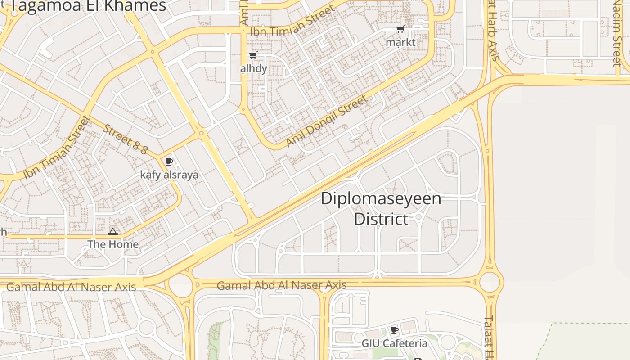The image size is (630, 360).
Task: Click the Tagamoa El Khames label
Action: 88,6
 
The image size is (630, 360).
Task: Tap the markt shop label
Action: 400,42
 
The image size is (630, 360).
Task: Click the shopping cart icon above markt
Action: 400,29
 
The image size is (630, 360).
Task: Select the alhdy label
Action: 254,68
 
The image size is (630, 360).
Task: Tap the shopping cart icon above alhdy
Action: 253,55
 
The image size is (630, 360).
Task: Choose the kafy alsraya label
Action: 169,175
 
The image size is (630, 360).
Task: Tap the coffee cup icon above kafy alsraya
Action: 169,162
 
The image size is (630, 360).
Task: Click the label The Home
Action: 112,244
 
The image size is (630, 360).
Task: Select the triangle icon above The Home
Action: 112,232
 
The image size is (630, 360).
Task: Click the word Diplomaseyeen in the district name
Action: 381,198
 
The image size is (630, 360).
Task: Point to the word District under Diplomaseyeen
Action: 381,219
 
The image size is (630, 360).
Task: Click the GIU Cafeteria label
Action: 395,343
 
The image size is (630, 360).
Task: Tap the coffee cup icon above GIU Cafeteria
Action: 395,330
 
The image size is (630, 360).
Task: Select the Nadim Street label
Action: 617,34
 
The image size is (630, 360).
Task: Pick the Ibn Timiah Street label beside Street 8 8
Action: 57,148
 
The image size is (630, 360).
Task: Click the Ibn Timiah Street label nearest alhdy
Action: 292,22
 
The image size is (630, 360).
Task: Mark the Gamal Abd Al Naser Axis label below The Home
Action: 71,287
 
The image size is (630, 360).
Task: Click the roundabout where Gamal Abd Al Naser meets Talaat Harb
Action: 490,282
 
